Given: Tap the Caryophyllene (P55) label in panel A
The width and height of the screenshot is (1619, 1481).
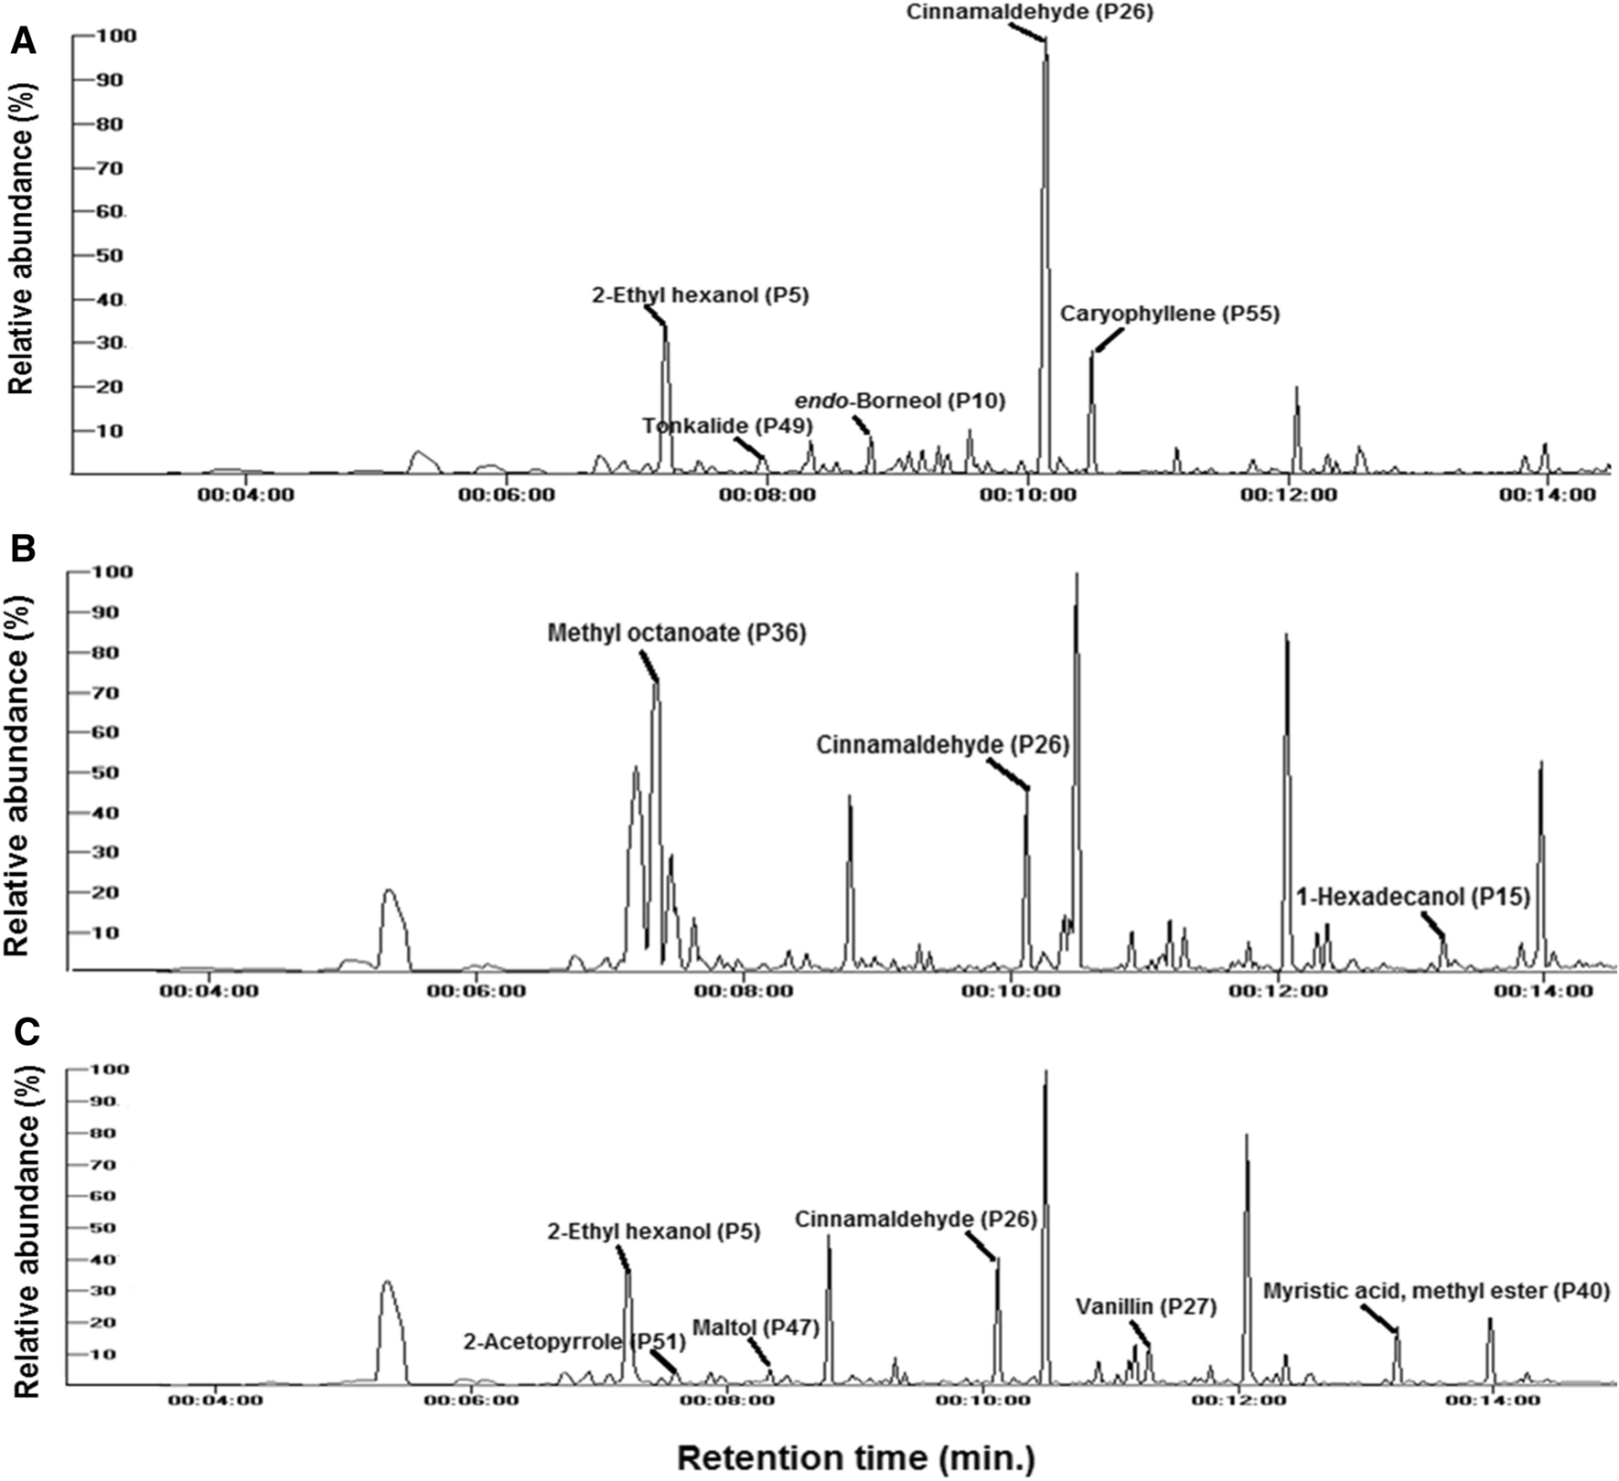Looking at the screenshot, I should pyautogui.click(x=1170, y=314).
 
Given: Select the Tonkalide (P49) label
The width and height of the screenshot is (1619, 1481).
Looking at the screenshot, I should pyautogui.click(x=726, y=426).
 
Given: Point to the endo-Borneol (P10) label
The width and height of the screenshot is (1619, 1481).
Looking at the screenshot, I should pyautogui.click(x=899, y=400).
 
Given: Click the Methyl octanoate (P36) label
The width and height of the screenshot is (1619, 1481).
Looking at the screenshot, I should pyautogui.click(x=677, y=633).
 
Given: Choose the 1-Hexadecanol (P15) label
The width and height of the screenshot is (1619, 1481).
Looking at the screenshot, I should pyautogui.click(x=1412, y=897).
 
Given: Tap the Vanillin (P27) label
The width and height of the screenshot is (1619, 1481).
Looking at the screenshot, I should pyautogui.click(x=1146, y=1306).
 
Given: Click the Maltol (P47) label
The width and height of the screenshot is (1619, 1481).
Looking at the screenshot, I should pyautogui.click(x=756, y=1327).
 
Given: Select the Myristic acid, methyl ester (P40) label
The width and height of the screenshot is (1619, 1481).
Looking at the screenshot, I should pyautogui.click(x=1436, y=1291).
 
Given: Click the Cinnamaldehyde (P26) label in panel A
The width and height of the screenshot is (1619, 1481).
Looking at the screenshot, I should pyautogui.click(x=1029, y=12).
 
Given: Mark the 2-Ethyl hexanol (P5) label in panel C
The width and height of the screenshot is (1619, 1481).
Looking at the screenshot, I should pyautogui.click(x=654, y=1231).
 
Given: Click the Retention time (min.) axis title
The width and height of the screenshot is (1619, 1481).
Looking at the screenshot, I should pyautogui.click(x=856, y=1457).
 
